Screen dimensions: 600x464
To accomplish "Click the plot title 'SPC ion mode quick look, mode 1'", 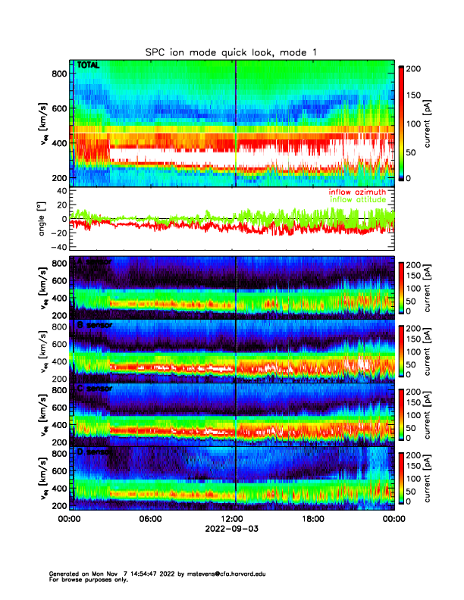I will (x=231, y=52).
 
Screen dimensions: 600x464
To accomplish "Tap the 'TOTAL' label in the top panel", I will (x=88, y=66).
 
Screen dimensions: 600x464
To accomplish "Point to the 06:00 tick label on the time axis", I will (x=150, y=519).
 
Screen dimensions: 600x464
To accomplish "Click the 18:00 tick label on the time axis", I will (x=312, y=519).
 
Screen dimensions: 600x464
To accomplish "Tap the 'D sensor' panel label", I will (x=92, y=452).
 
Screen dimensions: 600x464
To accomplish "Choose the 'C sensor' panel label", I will (x=92, y=389).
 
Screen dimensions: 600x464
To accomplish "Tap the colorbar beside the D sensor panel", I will (x=403, y=478).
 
